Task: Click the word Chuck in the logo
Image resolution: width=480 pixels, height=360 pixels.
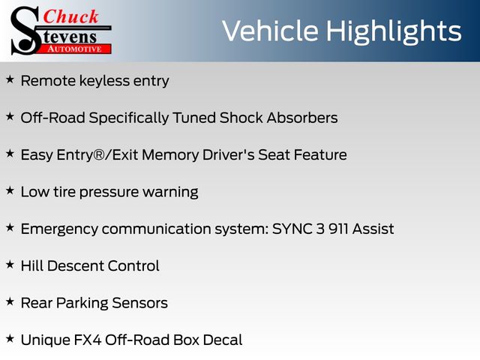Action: tap(70, 16)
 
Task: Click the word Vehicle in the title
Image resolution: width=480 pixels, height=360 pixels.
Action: tap(270, 31)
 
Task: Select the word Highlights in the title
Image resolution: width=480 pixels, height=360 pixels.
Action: tap(394, 31)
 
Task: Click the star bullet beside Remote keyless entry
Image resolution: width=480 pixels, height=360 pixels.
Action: tap(10, 79)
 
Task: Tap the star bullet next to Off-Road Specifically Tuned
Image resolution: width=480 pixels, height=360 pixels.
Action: tap(10, 117)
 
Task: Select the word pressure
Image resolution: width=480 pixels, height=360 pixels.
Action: tap(109, 192)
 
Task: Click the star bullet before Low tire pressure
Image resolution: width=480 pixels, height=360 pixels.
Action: tap(10, 190)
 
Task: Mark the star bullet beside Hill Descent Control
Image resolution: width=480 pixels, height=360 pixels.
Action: tap(10, 265)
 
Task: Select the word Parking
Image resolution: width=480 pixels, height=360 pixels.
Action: tap(82, 303)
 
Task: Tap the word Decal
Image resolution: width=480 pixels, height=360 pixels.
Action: tap(223, 340)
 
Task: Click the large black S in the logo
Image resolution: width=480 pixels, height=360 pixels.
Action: tap(25, 31)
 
